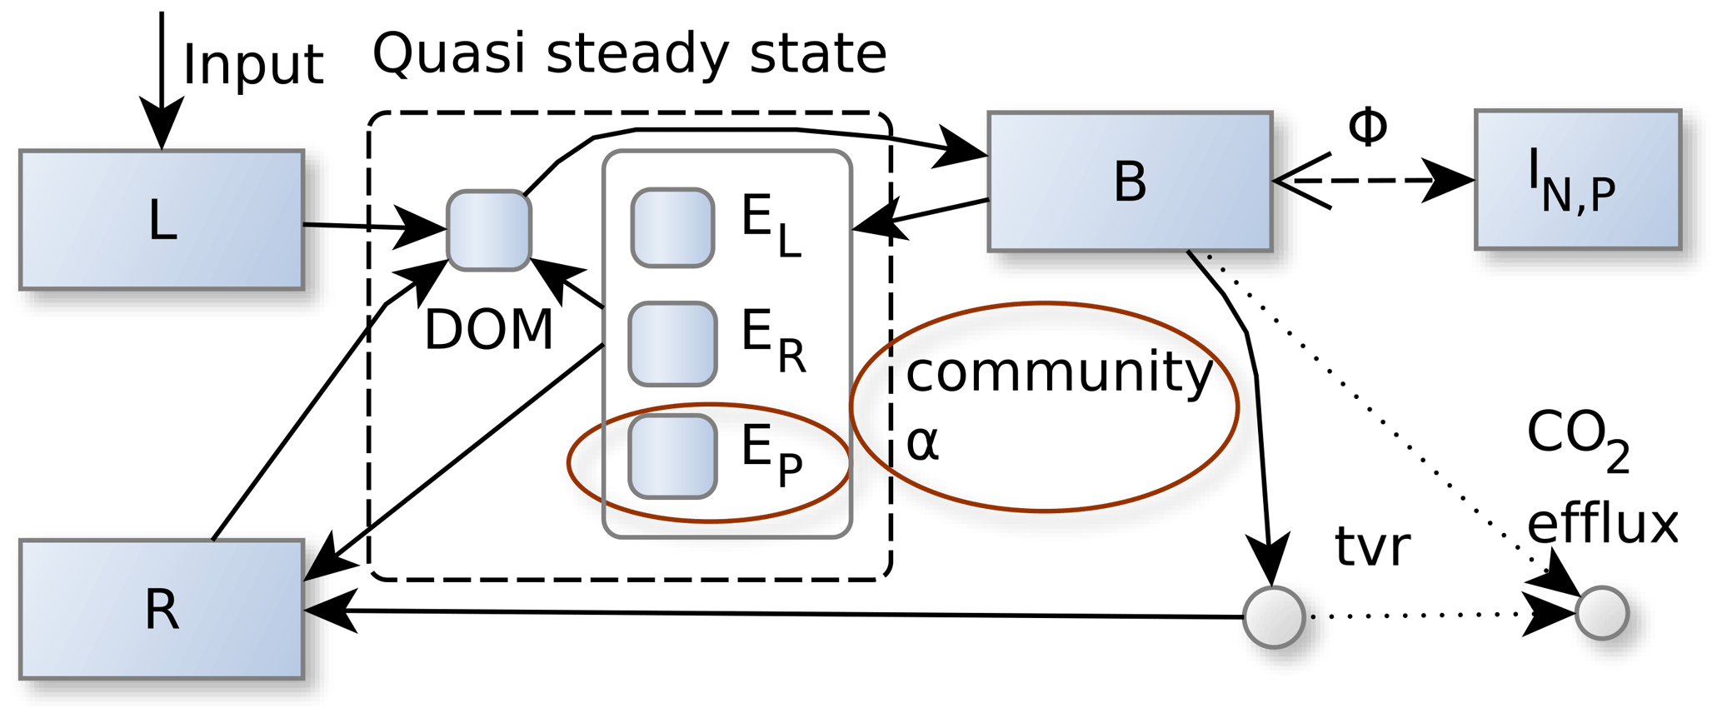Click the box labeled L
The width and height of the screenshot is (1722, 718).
pos(162,221)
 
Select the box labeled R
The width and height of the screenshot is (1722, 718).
pos(162,610)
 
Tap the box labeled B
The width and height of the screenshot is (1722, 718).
pos(1130,182)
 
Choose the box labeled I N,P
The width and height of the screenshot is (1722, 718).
pos(1578,180)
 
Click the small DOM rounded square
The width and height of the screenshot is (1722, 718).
pos(489,231)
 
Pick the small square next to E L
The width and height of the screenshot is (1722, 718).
pos(672,227)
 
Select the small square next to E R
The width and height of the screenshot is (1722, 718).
pos(672,344)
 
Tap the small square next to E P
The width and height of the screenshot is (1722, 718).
pos(672,456)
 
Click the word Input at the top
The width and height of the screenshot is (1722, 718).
pos(252,65)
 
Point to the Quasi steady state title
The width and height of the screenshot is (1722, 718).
pos(629,54)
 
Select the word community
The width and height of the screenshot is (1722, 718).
pos(1059,371)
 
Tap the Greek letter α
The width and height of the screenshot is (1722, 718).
pos(922,443)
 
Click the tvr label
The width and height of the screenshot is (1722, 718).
pos(1372,547)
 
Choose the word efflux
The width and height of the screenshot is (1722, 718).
pos(1602,524)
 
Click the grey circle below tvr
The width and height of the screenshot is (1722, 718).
pos(1274,617)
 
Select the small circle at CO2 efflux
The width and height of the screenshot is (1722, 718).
pos(1602,613)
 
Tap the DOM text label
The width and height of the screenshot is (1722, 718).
pos(489,330)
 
